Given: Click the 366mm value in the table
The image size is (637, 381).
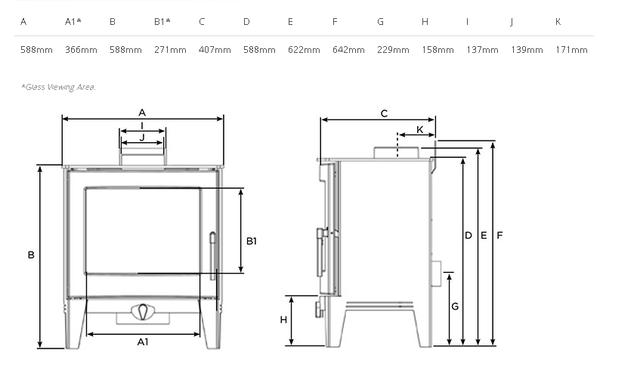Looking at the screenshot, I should (81, 51).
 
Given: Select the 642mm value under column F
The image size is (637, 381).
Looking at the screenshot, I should (348, 51).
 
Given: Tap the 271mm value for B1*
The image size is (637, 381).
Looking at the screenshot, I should (170, 51).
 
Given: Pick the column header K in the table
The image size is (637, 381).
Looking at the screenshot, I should (558, 22).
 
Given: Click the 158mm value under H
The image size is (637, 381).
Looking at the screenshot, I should (438, 51).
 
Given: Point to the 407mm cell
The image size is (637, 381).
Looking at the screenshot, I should (215, 51).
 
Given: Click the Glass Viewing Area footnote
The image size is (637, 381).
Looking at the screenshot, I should (59, 87).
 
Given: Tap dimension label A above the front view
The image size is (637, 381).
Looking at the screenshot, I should (142, 113).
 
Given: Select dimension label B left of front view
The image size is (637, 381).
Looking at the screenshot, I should (31, 256).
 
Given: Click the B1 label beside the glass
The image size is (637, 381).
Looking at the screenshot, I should (252, 241).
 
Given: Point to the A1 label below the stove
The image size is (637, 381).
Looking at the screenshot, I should (142, 342).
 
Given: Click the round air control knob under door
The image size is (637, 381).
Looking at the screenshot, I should (142, 311).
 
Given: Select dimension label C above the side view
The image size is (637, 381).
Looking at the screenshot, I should (384, 113).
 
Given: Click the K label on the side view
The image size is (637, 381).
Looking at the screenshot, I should (420, 130).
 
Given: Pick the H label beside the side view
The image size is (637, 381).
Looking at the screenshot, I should (284, 320).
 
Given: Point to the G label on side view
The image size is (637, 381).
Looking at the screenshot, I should (454, 307).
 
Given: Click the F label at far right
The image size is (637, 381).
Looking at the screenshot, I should (499, 236).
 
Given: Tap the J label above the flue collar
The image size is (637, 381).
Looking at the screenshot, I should (142, 137).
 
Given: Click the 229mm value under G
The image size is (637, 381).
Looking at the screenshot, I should (393, 51).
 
